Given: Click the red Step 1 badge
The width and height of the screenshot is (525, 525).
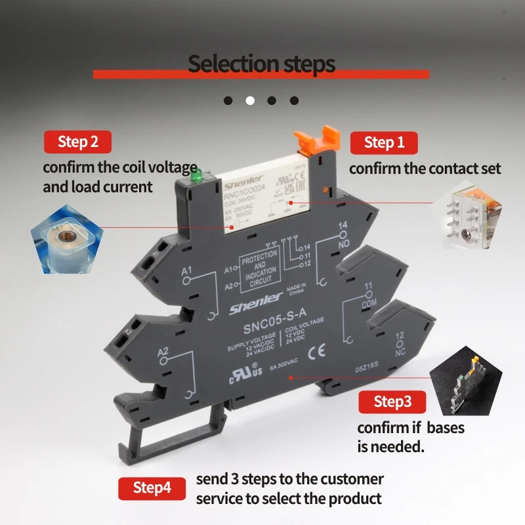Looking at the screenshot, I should [384, 142].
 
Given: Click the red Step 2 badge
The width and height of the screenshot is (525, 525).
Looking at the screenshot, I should [77, 142].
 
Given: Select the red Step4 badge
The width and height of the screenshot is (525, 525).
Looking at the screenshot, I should [152, 488].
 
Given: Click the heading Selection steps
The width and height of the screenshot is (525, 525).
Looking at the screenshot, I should [261, 64].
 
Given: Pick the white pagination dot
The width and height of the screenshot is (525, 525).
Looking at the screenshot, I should [250, 100].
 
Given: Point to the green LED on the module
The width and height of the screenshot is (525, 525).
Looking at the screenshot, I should [195, 176].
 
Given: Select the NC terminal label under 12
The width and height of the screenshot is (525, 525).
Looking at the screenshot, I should [400, 352].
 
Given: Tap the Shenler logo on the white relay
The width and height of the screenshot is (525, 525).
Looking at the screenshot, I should [245, 179].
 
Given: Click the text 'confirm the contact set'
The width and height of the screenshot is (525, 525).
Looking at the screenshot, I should [425, 169].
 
